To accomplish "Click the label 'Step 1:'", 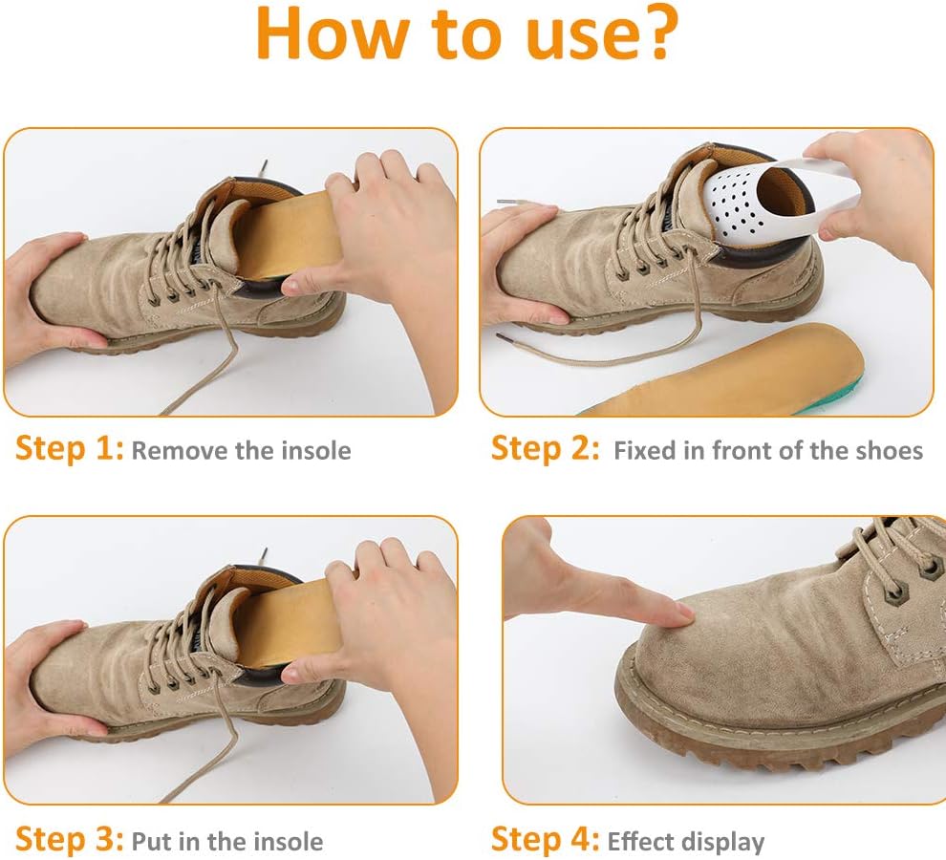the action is tap(69, 450).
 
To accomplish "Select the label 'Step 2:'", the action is tap(545, 450).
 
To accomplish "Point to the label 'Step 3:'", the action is tap(69, 840).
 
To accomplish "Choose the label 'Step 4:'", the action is tap(545, 840).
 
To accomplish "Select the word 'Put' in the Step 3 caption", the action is tap(148, 841).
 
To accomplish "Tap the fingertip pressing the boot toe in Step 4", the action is tap(680, 614).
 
